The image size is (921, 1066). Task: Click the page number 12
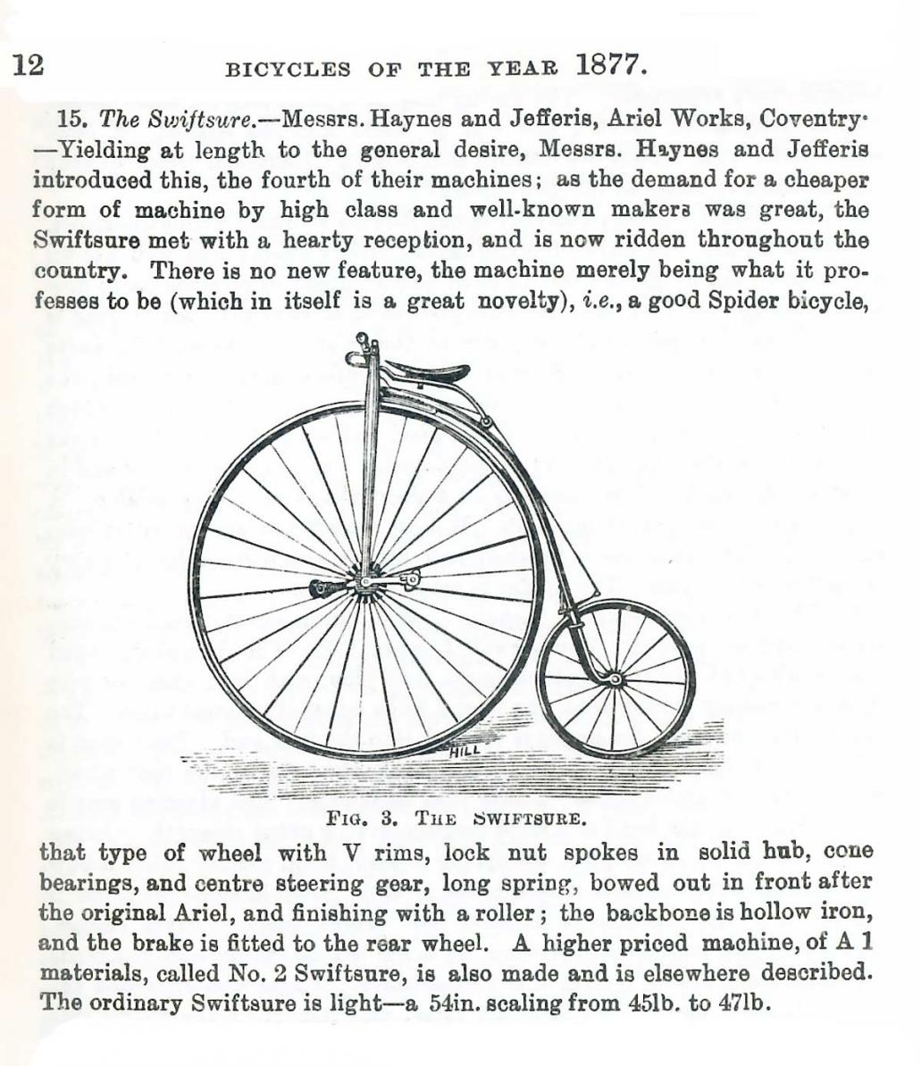[x=28, y=65]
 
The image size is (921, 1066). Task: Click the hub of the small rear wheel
[x=615, y=680]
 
